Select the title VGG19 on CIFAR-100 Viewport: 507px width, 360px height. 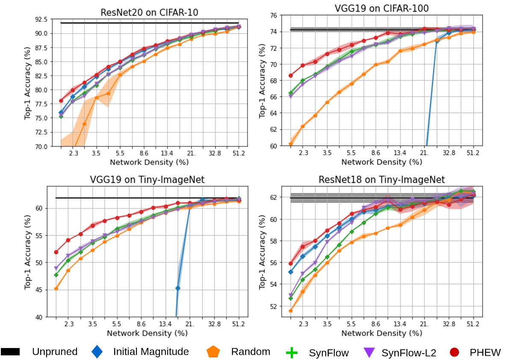tap(382, 8)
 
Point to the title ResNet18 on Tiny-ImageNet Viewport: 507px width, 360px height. tap(382, 179)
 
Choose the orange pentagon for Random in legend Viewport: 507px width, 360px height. tap(213, 352)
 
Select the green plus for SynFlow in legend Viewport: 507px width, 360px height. tap(291, 352)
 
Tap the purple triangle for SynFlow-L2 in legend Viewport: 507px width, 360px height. tap(369, 352)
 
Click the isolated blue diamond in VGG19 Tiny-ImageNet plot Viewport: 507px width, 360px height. tap(177, 288)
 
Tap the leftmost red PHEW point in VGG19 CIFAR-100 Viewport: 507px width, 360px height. tap(291, 76)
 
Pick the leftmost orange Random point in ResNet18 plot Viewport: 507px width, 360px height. tap(291, 310)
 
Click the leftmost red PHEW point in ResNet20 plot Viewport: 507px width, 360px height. tap(61, 100)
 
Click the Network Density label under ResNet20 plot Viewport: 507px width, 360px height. tap(149, 162)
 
